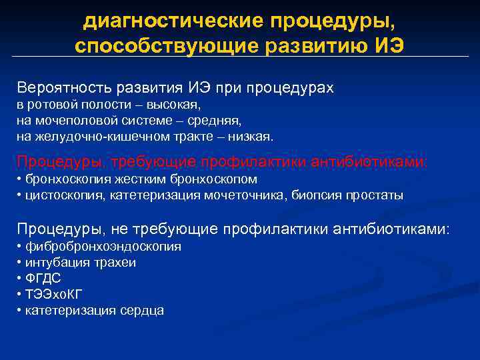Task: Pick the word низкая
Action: click(x=249, y=137)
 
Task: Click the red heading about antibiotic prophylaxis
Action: click(x=223, y=162)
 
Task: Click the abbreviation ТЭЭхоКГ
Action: click(x=54, y=295)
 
